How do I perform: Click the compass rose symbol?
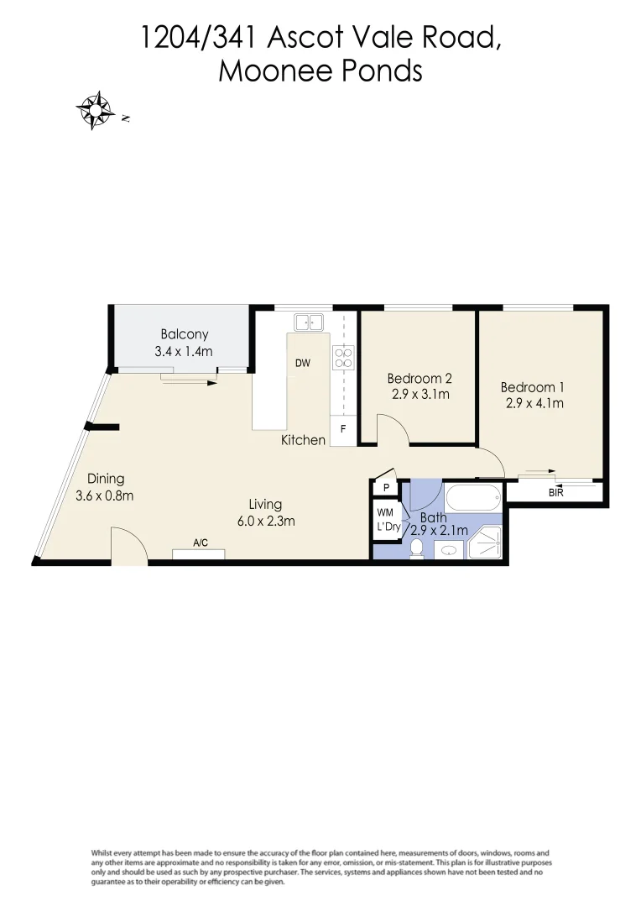[x=96, y=110]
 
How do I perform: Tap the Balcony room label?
[x=185, y=334]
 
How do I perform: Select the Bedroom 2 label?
[x=420, y=378]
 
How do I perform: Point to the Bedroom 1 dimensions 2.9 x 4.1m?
[x=534, y=403]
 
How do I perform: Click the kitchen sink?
[x=310, y=322]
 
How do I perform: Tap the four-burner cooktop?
[x=342, y=359]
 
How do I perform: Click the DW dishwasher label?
[x=303, y=364]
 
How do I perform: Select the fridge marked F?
[x=342, y=429]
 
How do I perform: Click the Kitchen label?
[x=303, y=439]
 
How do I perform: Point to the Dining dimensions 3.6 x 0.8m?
[x=105, y=495]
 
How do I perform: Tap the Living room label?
[x=265, y=504]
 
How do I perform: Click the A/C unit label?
[x=201, y=543]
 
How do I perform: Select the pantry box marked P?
[x=386, y=488]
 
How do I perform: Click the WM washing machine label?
[x=385, y=511]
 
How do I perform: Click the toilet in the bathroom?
[x=417, y=549]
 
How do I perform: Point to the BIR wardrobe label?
[x=555, y=493]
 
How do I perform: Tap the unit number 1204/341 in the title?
[x=201, y=37]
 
